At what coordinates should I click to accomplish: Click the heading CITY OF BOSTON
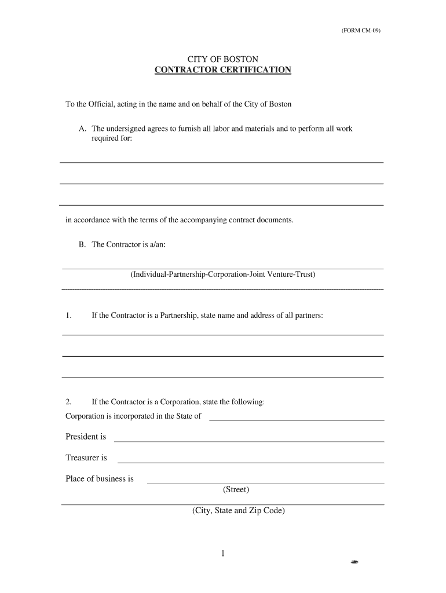pos(222,59)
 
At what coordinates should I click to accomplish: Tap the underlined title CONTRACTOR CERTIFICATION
pos(223,70)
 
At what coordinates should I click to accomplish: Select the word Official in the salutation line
pos(101,104)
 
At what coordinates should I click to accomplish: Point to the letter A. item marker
pos(82,129)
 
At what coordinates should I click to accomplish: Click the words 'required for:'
pos(112,139)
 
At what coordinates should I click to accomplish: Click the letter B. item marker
pos(82,244)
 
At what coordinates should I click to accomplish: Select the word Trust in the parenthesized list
pos(305,274)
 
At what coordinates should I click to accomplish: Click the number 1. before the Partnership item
pos(68,316)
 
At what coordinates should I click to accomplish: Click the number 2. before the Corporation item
pos(68,401)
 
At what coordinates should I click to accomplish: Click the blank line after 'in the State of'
pos(296,419)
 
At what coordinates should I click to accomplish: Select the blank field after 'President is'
pos(249,440)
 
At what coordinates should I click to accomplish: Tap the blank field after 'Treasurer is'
pos(251,462)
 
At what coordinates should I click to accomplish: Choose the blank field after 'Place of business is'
pos(265,482)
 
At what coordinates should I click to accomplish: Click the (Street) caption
pos(236,490)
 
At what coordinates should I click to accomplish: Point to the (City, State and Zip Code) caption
pos(239,511)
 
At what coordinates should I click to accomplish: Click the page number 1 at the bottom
pos(222,554)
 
